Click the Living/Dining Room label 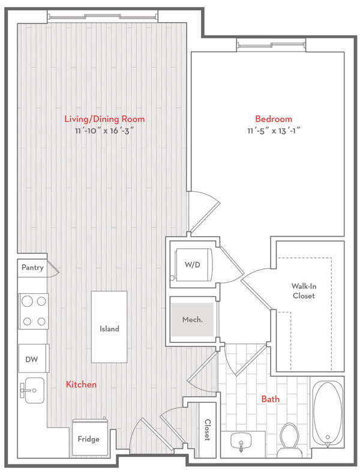coord(104,119)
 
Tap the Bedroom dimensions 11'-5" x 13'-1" coord(274,131)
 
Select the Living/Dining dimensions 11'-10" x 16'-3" coord(104,131)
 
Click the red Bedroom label coord(274,119)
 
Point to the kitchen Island coord(109,327)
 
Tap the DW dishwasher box coord(33,358)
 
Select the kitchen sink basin coord(35,390)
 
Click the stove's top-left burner coord(27,301)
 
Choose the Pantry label coord(32,267)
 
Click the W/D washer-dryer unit coord(193,265)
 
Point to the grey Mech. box coord(193,320)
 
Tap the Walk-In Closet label coord(304,291)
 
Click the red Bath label coord(271,399)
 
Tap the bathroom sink coord(241,442)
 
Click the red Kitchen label coord(81,384)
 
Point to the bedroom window coord(271,45)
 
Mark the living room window coord(103,17)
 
